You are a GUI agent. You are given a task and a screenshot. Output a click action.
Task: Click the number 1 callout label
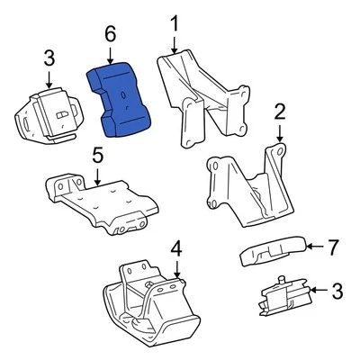click(x=175, y=22)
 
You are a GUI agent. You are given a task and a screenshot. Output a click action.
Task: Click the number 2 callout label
click(x=279, y=112)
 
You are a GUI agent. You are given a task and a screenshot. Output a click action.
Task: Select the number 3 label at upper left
click(x=49, y=59)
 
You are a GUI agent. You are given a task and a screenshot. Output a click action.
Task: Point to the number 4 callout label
click(x=176, y=247)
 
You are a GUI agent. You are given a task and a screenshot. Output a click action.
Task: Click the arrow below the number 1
click(x=175, y=43)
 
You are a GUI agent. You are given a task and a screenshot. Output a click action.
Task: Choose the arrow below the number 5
click(x=97, y=175)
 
